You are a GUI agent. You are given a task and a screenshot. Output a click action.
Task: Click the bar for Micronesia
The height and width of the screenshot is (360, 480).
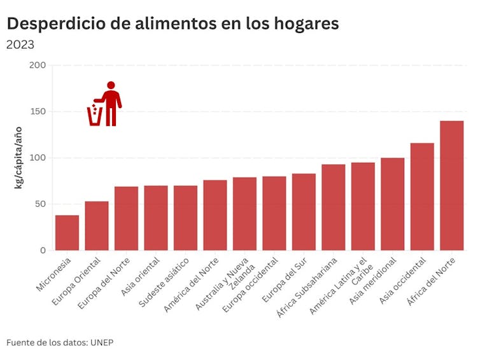tap(67, 233)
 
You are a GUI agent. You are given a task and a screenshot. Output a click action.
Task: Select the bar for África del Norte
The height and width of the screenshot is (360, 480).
tap(451, 186)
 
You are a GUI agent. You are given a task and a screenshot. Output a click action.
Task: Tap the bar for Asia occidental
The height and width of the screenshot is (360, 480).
tap(422, 197)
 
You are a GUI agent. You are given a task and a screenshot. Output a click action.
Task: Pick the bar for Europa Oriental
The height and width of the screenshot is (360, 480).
tap(97, 226)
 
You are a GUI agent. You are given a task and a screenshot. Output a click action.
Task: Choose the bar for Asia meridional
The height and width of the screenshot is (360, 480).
tap(392, 204)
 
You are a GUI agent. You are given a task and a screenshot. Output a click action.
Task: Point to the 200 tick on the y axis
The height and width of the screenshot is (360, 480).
tap(38, 65)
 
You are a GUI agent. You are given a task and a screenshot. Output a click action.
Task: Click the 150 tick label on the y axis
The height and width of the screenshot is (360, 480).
tap(38, 111)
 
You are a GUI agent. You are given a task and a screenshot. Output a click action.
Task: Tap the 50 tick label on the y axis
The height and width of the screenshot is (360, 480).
tap(40, 204)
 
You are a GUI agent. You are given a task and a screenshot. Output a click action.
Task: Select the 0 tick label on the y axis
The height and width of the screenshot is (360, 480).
tap(43, 251)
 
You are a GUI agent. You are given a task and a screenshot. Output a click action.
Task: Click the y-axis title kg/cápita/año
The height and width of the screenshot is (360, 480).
tap(18, 158)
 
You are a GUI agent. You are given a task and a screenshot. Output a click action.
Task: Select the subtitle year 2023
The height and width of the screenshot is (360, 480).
tap(20, 45)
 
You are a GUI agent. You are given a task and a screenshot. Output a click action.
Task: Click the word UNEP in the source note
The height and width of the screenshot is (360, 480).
tap(102, 343)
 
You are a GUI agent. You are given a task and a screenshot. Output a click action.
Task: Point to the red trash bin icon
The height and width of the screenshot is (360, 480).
tap(95, 116)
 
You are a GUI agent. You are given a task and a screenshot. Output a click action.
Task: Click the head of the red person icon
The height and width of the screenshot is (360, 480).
tap(111, 85)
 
